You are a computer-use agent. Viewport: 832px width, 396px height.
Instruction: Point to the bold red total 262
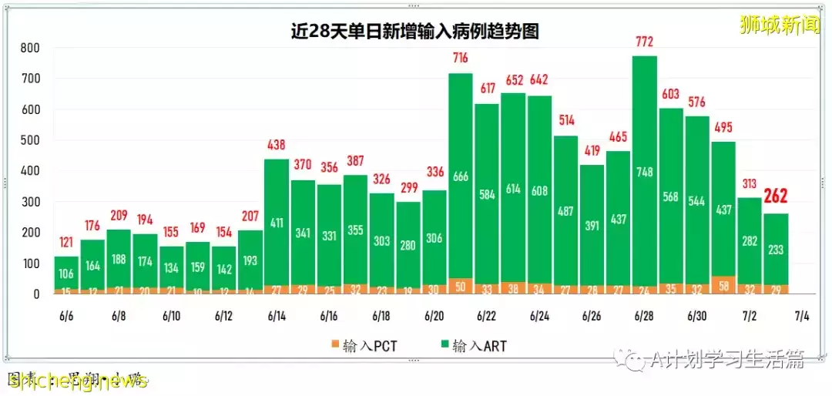(776, 198)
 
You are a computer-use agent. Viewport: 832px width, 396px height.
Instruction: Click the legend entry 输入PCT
(364, 346)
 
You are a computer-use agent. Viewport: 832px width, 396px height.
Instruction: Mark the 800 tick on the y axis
(30, 48)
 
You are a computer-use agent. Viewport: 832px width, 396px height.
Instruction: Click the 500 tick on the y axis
(30, 140)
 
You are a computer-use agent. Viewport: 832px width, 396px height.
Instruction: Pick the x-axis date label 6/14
(277, 317)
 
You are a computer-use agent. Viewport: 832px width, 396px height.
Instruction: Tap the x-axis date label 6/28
(644, 317)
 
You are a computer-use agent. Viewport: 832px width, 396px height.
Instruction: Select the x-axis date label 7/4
(801, 317)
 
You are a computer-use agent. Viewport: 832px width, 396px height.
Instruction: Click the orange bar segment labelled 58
(723, 285)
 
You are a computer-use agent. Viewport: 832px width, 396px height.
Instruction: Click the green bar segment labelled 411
(277, 223)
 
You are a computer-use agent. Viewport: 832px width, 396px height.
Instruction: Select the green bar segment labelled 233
(776, 250)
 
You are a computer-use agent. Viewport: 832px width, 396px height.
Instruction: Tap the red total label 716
(461, 59)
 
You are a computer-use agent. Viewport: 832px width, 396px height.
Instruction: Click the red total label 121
(66, 243)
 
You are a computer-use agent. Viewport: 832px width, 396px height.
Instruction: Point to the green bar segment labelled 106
(66, 273)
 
